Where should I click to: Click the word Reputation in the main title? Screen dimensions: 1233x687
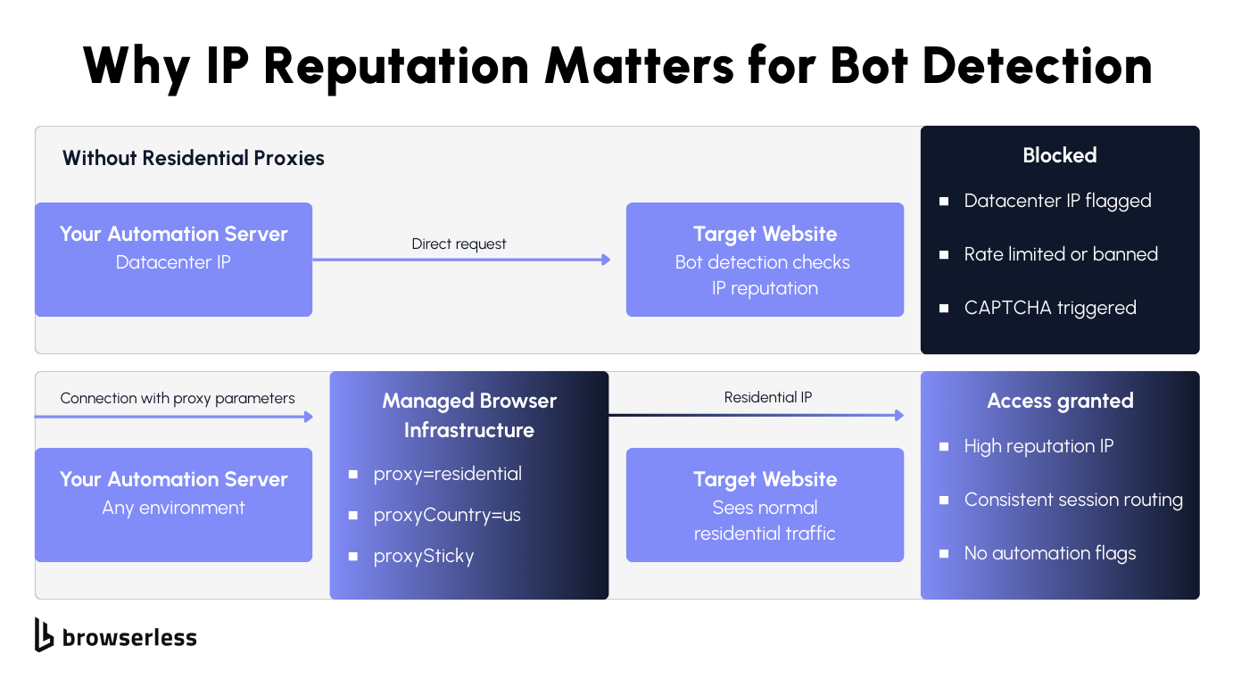[x=396, y=67]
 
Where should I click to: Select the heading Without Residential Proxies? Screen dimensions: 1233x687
[x=194, y=158]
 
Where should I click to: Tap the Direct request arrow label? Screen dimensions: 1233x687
[x=459, y=244]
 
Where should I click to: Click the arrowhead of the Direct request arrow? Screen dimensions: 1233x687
[x=606, y=260]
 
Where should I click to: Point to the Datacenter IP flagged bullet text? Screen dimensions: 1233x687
[x=1057, y=201]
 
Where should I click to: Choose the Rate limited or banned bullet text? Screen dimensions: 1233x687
[x=1061, y=254]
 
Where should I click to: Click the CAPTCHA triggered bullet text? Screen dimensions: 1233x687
[x=1050, y=308]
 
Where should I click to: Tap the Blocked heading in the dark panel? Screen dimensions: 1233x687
[x=1060, y=155]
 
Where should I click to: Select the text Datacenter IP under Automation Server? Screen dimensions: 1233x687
[x=173, y=262]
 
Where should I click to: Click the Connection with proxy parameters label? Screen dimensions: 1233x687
[x=178, y=398]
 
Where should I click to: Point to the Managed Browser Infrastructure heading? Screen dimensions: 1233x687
[x=469, y=415]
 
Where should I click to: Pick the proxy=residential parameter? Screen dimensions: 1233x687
[x=448, y=474]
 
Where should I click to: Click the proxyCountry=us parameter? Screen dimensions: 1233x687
[x=447, y=515]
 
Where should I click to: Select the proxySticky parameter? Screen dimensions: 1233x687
[x=423, y=556]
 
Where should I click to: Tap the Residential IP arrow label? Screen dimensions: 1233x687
[x=768, y=397]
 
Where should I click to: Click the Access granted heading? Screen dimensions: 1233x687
[x=1060, y=401]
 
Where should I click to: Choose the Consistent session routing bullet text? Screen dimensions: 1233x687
[x=1073, y=500]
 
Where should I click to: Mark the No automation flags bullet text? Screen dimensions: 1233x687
[x=1050, y=553]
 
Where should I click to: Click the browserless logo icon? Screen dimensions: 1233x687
[x=44, y=634]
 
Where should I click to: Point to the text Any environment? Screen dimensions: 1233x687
[x=173, y=508]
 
